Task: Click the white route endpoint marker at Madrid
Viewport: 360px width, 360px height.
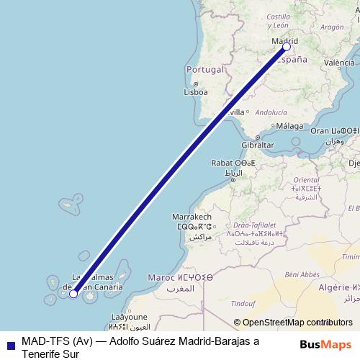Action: click(287, 47)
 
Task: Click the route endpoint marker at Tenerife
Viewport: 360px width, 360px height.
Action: click(73, 293)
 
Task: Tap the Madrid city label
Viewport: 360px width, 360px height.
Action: click(284, 41)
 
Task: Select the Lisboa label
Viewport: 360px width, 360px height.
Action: click(196, 92)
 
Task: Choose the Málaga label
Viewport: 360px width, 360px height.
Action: click(289, 126)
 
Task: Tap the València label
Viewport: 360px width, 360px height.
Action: click(339, 63)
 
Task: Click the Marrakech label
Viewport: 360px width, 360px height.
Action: click(192, 217)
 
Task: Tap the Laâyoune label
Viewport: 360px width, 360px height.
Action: click(130, 317)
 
